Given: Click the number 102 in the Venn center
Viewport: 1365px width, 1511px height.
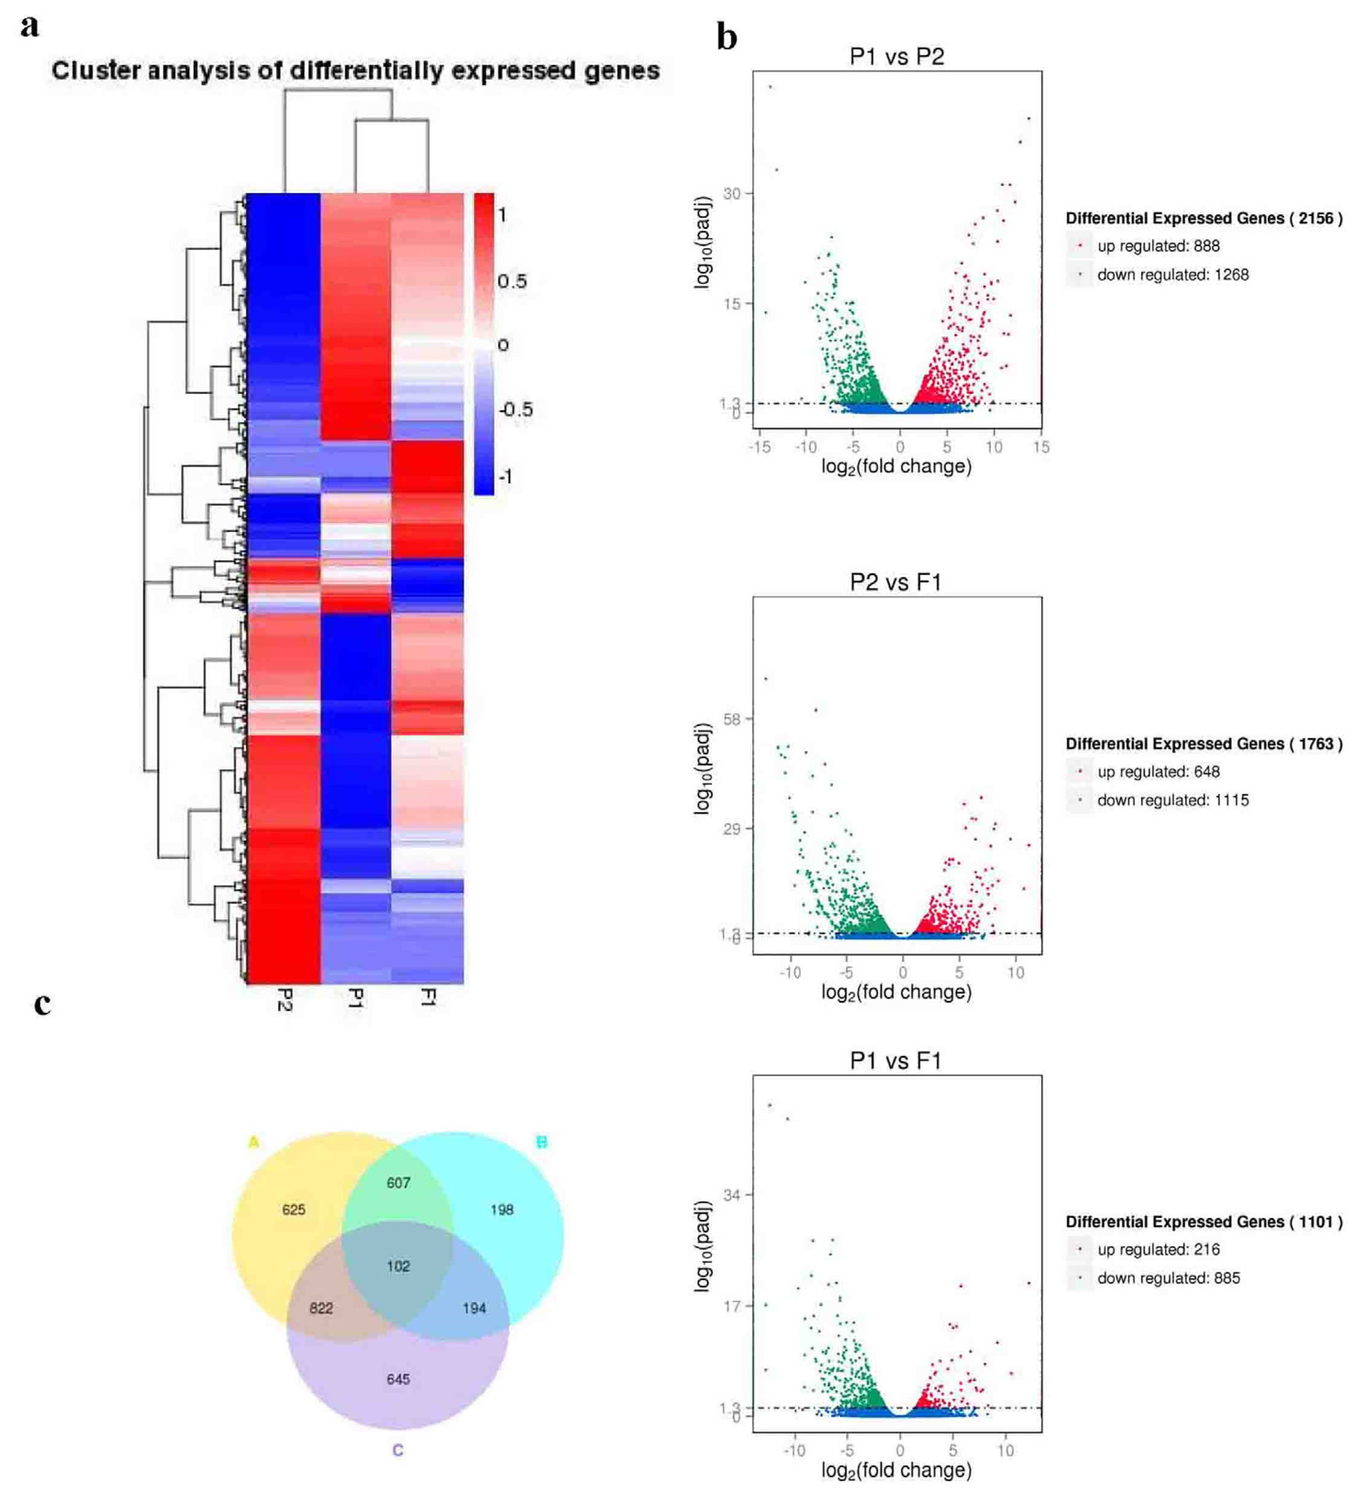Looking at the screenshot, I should tap(398, 1266).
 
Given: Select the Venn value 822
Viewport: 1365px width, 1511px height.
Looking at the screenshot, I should tap(321, 1308).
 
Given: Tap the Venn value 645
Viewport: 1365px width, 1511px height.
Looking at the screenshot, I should tap(398, 1379).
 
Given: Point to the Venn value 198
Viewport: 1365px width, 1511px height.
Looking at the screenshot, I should tap(501, 1210).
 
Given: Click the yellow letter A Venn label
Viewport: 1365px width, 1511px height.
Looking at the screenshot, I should tap(253, 1142).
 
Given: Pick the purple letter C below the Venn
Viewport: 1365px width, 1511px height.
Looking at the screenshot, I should tap(398, 1450).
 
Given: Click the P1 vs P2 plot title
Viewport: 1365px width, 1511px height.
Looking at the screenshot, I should tap(897, 56).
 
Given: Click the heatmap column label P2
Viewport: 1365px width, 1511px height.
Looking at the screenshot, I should tap(284, 999).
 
